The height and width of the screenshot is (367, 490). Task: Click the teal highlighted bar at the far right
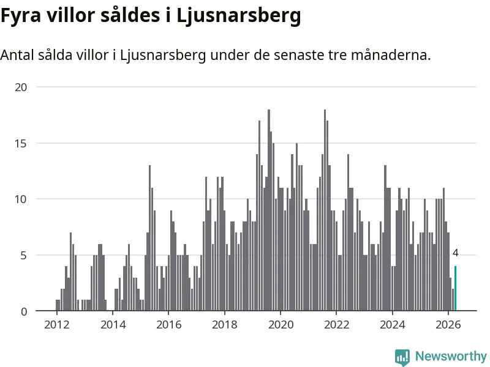tap(455, 288)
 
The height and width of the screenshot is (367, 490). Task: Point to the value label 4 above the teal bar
tap(455, 253)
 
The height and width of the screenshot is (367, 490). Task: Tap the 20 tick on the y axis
tap(21, 87)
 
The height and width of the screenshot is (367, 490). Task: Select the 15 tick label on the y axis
tap(21, 144)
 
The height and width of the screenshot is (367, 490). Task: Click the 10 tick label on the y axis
tap(21, 199)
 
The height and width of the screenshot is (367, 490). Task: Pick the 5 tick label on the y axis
tap(24, 256)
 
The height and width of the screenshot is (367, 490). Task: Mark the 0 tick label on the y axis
tap(24, 311)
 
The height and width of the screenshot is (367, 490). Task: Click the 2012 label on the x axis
tap(57, 325)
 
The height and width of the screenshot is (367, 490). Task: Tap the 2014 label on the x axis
tap(113, 325)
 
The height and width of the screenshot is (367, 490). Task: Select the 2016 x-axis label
tap(169, 325)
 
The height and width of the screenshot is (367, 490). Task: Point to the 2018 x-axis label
tap(225, 325)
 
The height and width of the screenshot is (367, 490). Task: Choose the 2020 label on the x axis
tap(281, 325)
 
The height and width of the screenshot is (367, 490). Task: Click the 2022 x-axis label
tap(336, 325)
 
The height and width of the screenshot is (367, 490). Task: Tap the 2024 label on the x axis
tap(393, 325)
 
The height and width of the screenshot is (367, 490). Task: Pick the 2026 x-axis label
tap(448, 325)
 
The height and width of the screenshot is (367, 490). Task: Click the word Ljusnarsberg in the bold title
tap(239, 16)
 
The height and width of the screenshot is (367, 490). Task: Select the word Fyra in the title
tap(21, 16)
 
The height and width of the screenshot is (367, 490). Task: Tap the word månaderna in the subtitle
tap(391, 55)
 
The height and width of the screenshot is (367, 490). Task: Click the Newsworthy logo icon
tap(402, 357)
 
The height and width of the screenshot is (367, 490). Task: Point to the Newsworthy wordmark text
tap(451, 356)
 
